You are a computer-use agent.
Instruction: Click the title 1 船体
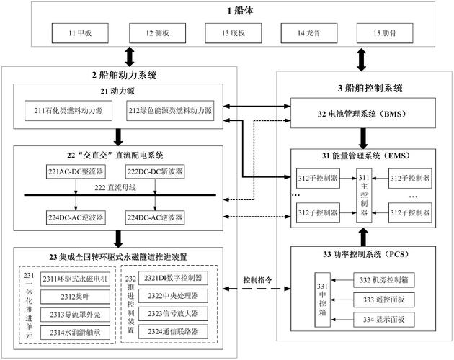[229, 11]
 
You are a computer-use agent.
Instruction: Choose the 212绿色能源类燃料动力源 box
[171, 111]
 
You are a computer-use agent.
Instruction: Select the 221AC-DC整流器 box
[73, 171]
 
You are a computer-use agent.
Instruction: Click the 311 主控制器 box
[364, 194]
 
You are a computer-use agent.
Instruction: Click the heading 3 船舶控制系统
[364, 89]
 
